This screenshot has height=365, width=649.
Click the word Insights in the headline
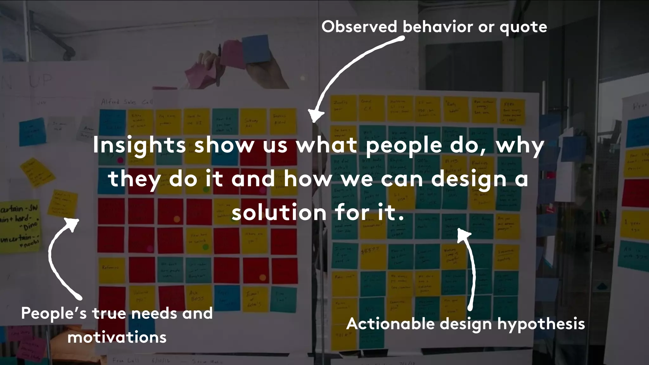(x=139, y=146)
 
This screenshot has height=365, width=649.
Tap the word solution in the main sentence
(x=279, y=213)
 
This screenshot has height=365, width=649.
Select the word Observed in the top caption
(x=359, y=27)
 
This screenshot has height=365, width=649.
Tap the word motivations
(x=117, y=337)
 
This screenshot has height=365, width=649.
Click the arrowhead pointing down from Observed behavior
(x=315, y=117)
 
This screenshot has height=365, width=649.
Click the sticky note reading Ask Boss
(x=197, y=296)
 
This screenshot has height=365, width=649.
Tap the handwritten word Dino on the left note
(x=30, y=226)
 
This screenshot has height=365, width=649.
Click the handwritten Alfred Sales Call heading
(x=127, y=102)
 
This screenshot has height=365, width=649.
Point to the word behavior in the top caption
(x=438, y=27)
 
